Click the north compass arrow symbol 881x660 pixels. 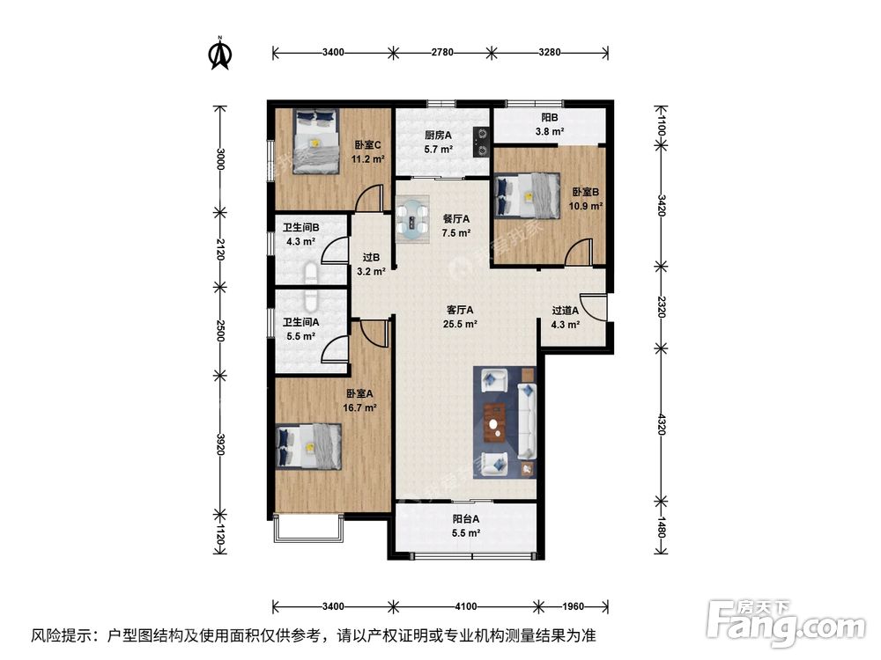click(x=220, y=54)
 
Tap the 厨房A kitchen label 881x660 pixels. click(x=438, y=136)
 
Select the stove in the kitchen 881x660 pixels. click(x=481, y=142)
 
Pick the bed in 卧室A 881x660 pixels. click(x=308, y=445)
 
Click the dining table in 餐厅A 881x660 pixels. click(x=411, y=219)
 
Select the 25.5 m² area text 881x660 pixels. click(x=460, y=324)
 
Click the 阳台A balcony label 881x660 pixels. click(x=466, y=519)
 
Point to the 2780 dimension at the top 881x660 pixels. click(x=442, y=53)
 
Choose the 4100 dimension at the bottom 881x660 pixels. click(x=466, y=606)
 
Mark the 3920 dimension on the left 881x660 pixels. click(x=221, y=447)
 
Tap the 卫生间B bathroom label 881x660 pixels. click(x=300, y=228)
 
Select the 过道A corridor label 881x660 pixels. click(x=565, y=310)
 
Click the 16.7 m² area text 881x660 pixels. click(x=360, y=408)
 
